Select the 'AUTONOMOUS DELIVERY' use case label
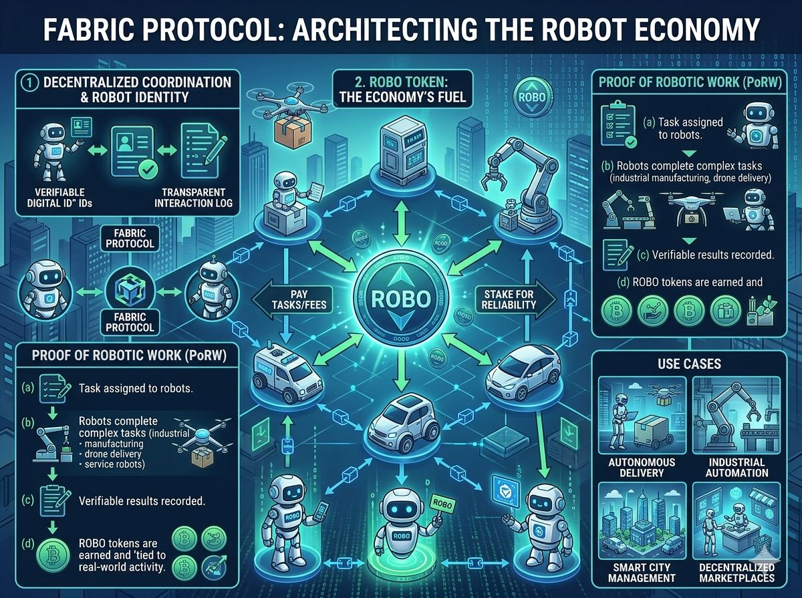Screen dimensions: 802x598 pyautogui.click(x=642, y=467)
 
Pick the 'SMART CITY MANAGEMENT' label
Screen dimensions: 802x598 pyautogui.click(x=642, y=572)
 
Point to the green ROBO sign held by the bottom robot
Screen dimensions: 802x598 pyautogui.click(x=438, y=501)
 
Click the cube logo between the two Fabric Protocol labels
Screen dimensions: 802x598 pyautogui.click(x=126, y=285)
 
